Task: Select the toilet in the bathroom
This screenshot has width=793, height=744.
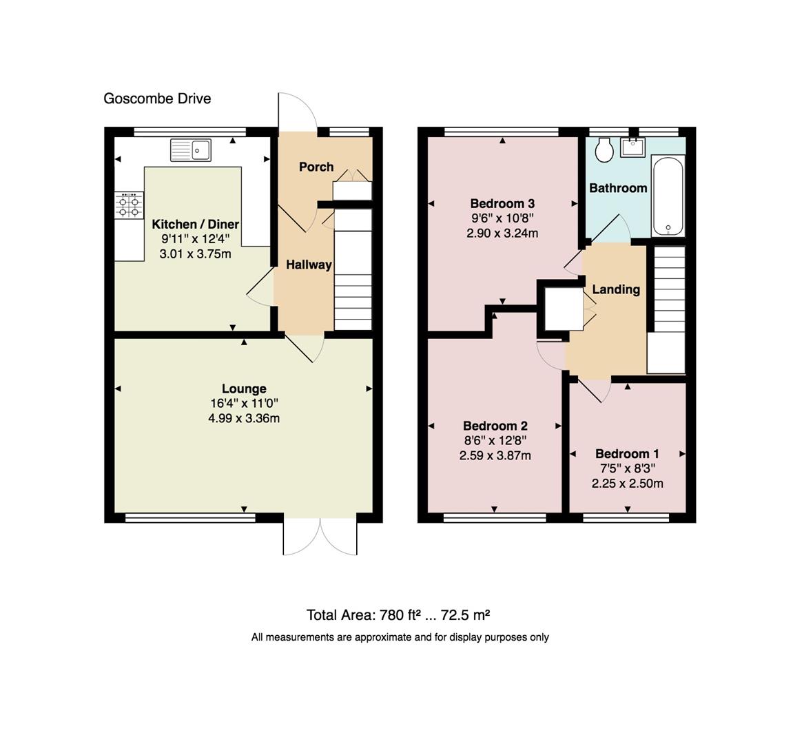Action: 605,150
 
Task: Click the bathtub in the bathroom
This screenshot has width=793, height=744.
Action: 667,196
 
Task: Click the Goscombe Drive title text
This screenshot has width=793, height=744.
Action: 157,99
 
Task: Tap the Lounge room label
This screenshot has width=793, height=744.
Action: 244,389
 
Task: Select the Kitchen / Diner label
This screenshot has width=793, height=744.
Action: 195,224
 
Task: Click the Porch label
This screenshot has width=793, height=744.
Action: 316,167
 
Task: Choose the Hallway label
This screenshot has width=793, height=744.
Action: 309,265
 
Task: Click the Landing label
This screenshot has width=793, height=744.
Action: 616,289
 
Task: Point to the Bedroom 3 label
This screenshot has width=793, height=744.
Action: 502,203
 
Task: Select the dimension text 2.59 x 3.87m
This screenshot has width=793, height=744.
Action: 495,455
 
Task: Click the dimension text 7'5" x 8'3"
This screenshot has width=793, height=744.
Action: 627,468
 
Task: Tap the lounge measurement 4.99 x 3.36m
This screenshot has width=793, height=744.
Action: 244,418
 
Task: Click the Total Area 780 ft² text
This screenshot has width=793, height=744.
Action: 398,615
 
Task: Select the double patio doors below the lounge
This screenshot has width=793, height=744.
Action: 320,537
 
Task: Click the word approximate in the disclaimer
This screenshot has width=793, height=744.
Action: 382,637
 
